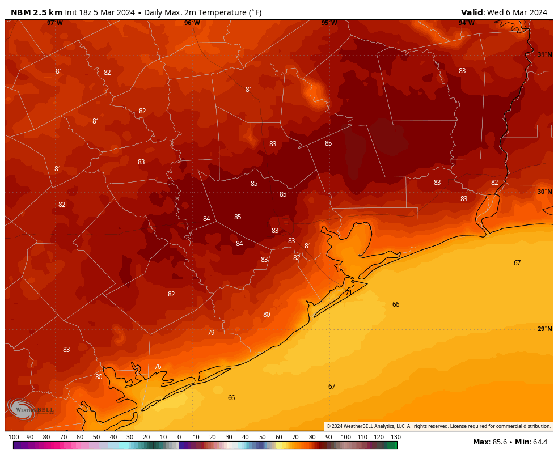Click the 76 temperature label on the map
(x=158, y=367)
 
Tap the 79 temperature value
(x=211, y=333)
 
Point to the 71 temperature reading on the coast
(x=349, y=293)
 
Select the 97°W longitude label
(x=55, y=23)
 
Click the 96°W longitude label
(x=192, y=23)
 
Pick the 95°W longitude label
(x=329, y=23)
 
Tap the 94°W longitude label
(x=467, y=23)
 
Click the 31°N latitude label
(x=544, y=55)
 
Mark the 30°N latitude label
(x=544, y=192)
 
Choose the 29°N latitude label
(x=544, y=329)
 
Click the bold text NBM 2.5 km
(x=36, y=12)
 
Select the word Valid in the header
(x=472, y=12)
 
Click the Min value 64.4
(x=539, y=442)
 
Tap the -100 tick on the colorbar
(x=12, y=437)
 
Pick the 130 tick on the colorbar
(x=396, y=437)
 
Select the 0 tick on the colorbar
(x=179, y=437)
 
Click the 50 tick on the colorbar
(x=262, y=437)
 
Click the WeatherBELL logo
(x=31, y=409)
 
